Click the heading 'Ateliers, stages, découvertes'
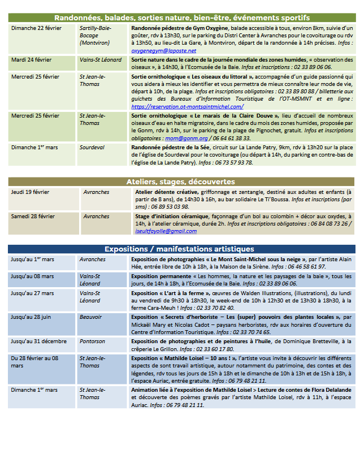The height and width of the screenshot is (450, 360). point(180,182)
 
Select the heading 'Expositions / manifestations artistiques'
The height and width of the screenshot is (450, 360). point(179,249)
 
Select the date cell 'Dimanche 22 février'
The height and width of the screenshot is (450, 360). point(36,28)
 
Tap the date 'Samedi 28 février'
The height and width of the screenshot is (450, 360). point(33,217)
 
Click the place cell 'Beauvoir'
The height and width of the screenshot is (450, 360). point(92,317)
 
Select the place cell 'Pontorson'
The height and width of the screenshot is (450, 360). point(92,341)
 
